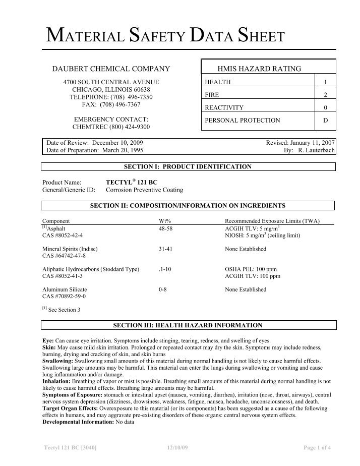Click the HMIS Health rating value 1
pyautogui.click(x=325, y=82)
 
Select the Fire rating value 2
pyautogui.click(x=325, y=95)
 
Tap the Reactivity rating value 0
pyautogui.click(x=325, y=107)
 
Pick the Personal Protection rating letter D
pyautogui.click(x=325, y=121)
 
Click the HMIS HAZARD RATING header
pyautogui.click(x=259, y=68)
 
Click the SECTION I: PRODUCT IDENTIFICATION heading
pyautogui.click(x=188, y=166)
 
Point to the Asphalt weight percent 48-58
pyautogui.click(x=165, y=228)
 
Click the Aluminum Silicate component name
pyautogui.click(x=65, y=289)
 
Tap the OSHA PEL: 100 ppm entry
pyautogui.click(x=250, y=269)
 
